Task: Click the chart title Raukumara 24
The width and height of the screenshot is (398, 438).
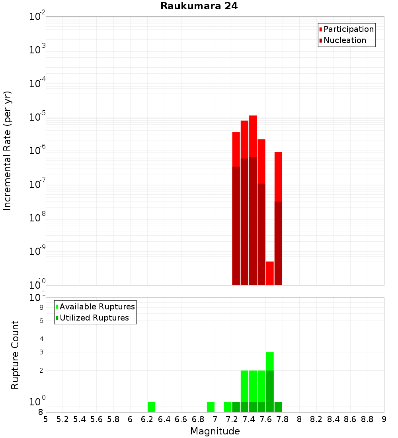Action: click(x=199, y=6)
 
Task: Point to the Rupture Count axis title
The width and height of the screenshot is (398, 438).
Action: click(x=15, y=355)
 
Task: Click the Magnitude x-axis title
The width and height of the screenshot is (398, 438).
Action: click(x=215, y=431)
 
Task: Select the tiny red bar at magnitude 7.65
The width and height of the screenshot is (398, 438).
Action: click(x=270, y=273)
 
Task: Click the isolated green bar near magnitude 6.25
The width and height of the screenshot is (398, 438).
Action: click(x=151, y=407)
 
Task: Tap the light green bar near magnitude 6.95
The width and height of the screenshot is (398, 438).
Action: click(x=211, y=407)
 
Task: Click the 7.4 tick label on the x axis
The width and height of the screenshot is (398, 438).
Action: click(x=249, y=419)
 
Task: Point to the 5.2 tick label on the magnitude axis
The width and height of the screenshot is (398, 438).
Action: click(x=62, y=419)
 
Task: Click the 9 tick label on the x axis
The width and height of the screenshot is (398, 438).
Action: click(x=384, y=419)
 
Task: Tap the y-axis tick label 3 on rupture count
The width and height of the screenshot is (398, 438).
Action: click(x=41, y=352)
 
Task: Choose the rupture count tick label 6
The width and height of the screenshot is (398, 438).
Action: click(x=41, y=321)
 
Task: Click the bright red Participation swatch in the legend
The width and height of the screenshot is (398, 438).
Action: click(x=320, y=29)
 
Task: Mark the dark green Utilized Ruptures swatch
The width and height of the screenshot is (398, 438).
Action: click(x=57, y=318)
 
